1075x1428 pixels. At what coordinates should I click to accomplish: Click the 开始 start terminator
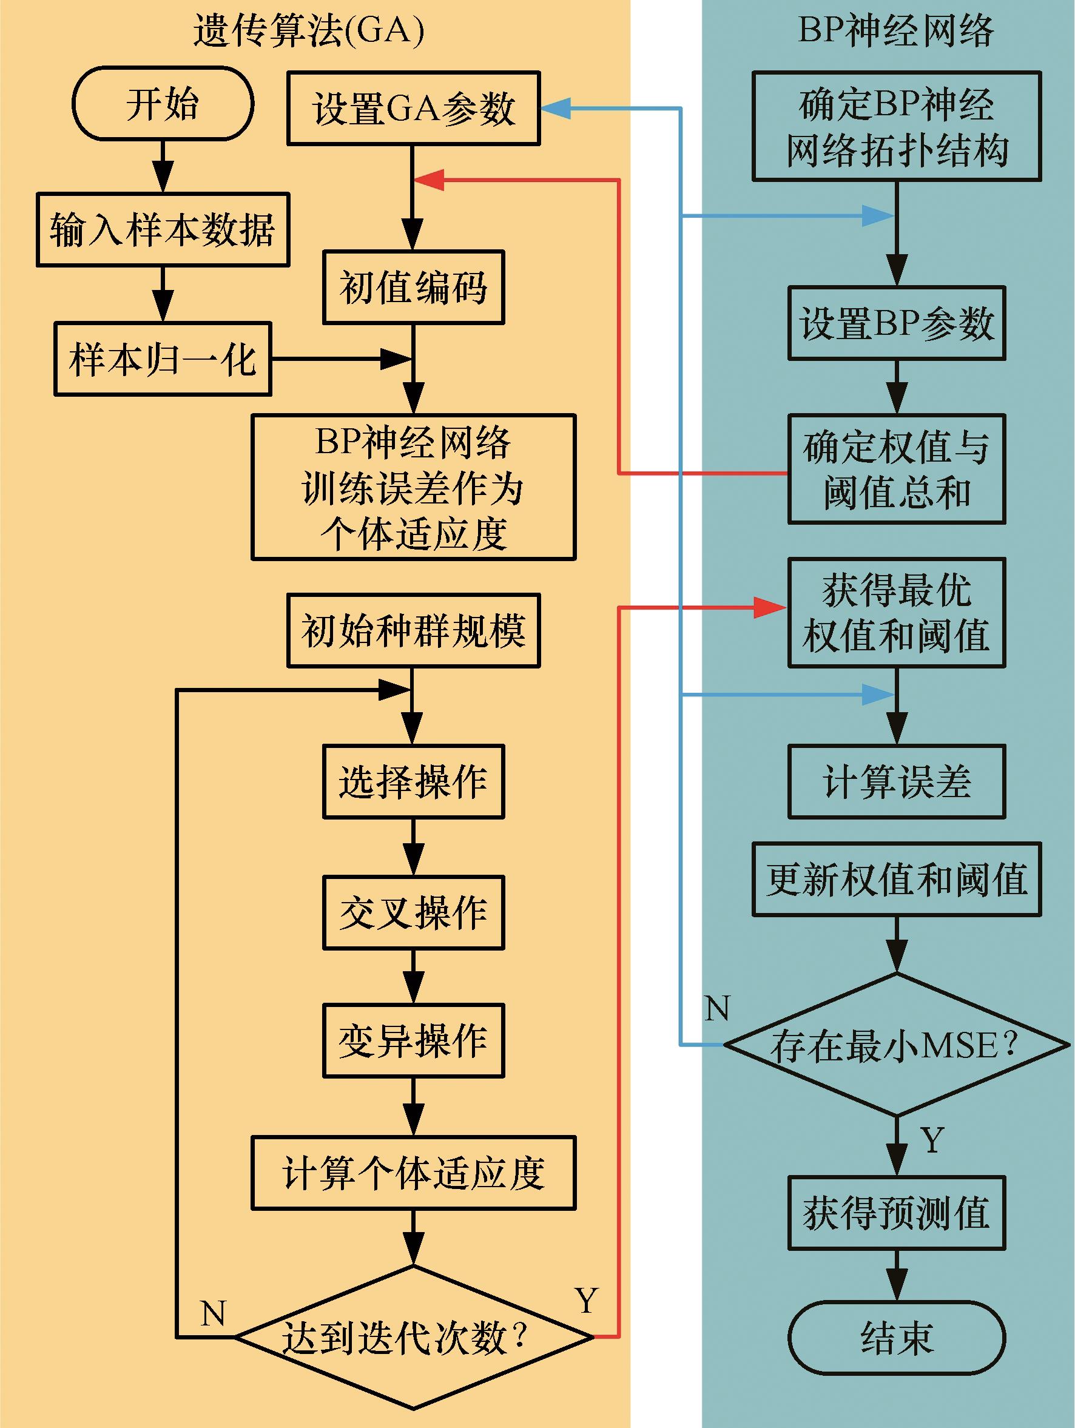tap(163, 104)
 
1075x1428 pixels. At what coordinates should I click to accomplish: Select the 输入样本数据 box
tap(163, 229)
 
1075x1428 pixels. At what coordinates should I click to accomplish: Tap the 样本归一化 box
tap(163, 359)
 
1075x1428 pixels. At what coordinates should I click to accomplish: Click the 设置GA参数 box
tap(413, 108)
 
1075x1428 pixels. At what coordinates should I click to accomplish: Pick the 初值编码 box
tap(413, 288)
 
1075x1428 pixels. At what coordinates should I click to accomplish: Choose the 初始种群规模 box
tap(413, 630)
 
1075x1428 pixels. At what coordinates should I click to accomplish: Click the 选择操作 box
tap(413, 782)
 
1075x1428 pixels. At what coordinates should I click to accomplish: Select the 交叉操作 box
tap(413, 913)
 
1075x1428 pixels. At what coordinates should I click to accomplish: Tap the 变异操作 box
tap(413, 1040)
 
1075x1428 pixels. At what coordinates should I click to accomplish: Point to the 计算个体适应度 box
tap(413, 1173)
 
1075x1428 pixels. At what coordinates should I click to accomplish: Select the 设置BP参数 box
tap(897, 323)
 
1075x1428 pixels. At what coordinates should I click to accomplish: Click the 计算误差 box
tap(897, 782)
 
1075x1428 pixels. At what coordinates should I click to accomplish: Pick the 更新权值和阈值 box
tap(897, 879)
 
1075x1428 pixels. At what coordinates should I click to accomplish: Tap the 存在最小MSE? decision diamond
tap(897, 1045)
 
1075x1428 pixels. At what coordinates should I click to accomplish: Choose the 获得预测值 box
tap(897, 1213)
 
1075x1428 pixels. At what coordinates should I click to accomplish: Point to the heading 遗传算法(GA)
tap(309, 31)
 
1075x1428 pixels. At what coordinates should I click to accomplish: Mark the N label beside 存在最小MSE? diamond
tap(717, 1008)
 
